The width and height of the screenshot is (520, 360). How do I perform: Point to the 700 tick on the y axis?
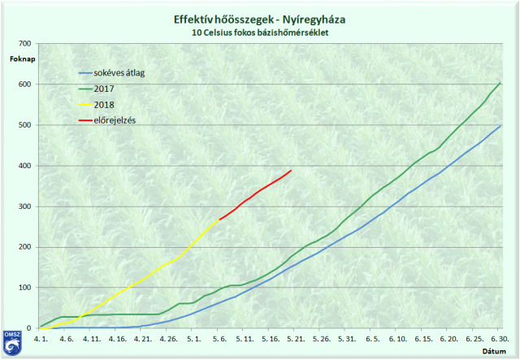[25, 44]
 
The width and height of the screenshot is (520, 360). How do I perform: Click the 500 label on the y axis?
[25, 125]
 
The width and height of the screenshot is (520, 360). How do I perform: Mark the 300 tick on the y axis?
[25, 206]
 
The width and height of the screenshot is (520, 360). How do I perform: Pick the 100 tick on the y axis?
[25, 288]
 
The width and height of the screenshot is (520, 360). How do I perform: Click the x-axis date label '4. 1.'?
[41, 337]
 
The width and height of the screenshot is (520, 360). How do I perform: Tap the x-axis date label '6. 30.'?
[499, 337]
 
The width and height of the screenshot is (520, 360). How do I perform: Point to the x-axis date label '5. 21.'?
[296, 337]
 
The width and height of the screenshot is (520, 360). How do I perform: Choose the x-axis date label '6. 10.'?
[397, 337]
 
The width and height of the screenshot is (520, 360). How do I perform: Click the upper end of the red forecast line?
[291, 171]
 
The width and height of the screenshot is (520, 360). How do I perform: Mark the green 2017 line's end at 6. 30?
[500, 83]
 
